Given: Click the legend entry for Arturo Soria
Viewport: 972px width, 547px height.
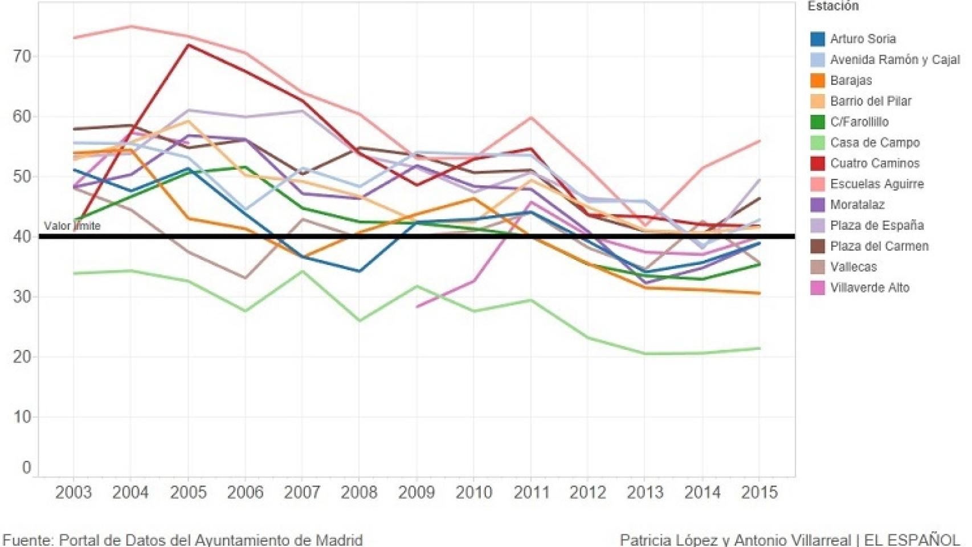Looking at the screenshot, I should tap(862, 39).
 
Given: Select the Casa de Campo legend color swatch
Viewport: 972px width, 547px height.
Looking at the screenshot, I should tap(817, 142).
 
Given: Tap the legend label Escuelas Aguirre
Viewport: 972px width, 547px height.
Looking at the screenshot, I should tap(876, 184).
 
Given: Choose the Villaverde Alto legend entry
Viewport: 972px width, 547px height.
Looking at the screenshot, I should tap(869, 288).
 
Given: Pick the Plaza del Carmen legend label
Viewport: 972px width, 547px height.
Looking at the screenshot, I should tap(879, 246).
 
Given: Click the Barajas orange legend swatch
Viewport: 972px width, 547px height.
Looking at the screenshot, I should tap(817, 80).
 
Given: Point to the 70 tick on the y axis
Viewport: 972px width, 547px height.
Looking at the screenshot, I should tap(22, 56).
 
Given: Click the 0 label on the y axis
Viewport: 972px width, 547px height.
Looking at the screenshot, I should tap(26, 468).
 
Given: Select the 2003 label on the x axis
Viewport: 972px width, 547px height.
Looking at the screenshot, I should tap(73, 492).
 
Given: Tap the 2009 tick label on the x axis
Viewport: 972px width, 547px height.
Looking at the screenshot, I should tap(416, 492).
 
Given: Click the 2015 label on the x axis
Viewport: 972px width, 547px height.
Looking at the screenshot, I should tap(759, 492).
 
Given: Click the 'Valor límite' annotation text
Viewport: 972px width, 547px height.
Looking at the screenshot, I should tap(72, 226).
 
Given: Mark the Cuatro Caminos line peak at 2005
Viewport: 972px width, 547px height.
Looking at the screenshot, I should tap(188, 45).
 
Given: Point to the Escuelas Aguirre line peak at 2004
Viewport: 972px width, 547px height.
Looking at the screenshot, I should tap(131, 26).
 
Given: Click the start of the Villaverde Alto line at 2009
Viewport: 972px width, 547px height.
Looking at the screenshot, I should tap(417, 307).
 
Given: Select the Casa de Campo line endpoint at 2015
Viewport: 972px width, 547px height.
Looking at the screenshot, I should tap(759, 348).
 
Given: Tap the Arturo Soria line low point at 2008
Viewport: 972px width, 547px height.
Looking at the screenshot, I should tap(359, 271).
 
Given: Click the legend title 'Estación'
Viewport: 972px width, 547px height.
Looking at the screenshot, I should tap(832, 6).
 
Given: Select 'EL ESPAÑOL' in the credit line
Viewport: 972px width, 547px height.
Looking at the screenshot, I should tap(912, 539).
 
